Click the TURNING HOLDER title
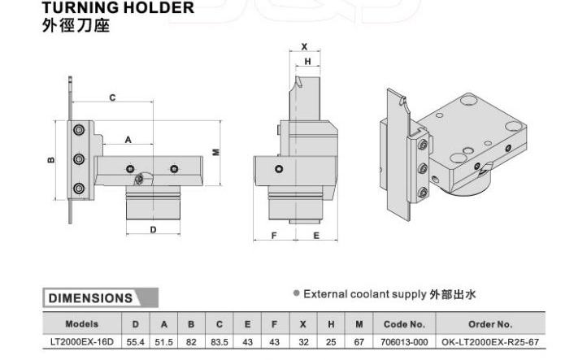118,7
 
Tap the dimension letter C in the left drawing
112,98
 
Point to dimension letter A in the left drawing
128,140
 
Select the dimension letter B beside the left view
51,160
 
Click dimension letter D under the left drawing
153,229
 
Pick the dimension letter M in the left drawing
216,152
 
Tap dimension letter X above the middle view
304,47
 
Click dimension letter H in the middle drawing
307,62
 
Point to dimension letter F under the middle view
274,236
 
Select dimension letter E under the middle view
316,236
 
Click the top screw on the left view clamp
79,130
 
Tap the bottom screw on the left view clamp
79,188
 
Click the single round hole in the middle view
279,169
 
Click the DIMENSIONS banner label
90,298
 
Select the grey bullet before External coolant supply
297,293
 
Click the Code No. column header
404,324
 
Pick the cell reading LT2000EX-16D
82,342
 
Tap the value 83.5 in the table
220,342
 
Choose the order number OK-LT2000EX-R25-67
490,342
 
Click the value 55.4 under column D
136,342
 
